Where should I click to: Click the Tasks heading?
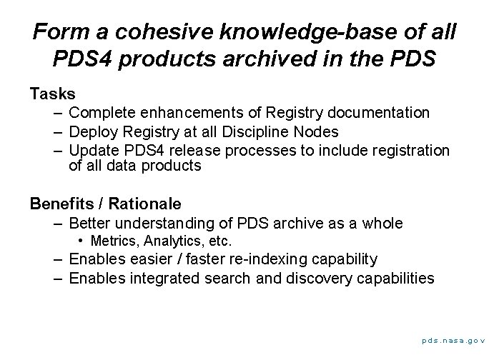coord(53,94)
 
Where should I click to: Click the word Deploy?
coord(92,131)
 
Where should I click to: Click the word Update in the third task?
coord(93,150)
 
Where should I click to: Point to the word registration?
coord(413,150)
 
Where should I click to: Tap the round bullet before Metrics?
coord(82,241)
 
